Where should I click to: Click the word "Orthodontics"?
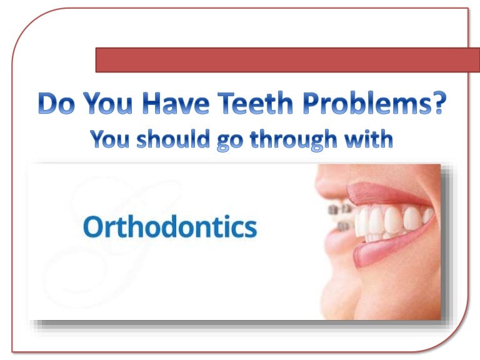click(x=169, y=228)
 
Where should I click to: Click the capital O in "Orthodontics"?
click(x=94, y=228)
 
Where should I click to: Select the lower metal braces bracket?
click(x=343, y=226)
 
